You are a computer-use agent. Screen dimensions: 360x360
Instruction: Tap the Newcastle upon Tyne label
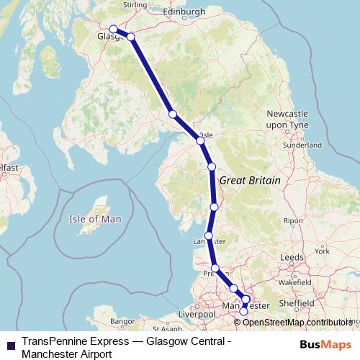(287, 120)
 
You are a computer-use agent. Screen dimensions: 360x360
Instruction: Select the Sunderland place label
(302, 144)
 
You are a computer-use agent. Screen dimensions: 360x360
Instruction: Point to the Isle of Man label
(94, 219)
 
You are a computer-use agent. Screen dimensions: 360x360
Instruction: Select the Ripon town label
(293, 221)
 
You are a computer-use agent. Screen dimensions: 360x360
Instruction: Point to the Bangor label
(123, 320)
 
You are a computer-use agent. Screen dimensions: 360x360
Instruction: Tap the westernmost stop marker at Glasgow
(113, 30)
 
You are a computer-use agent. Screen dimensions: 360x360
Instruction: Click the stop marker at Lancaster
(209, 235)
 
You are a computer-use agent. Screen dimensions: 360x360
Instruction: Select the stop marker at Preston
(215, 268)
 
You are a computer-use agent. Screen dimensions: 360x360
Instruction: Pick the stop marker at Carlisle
(200, 140)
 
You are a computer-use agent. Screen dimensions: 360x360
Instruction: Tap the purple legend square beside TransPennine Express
(11, 346)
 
